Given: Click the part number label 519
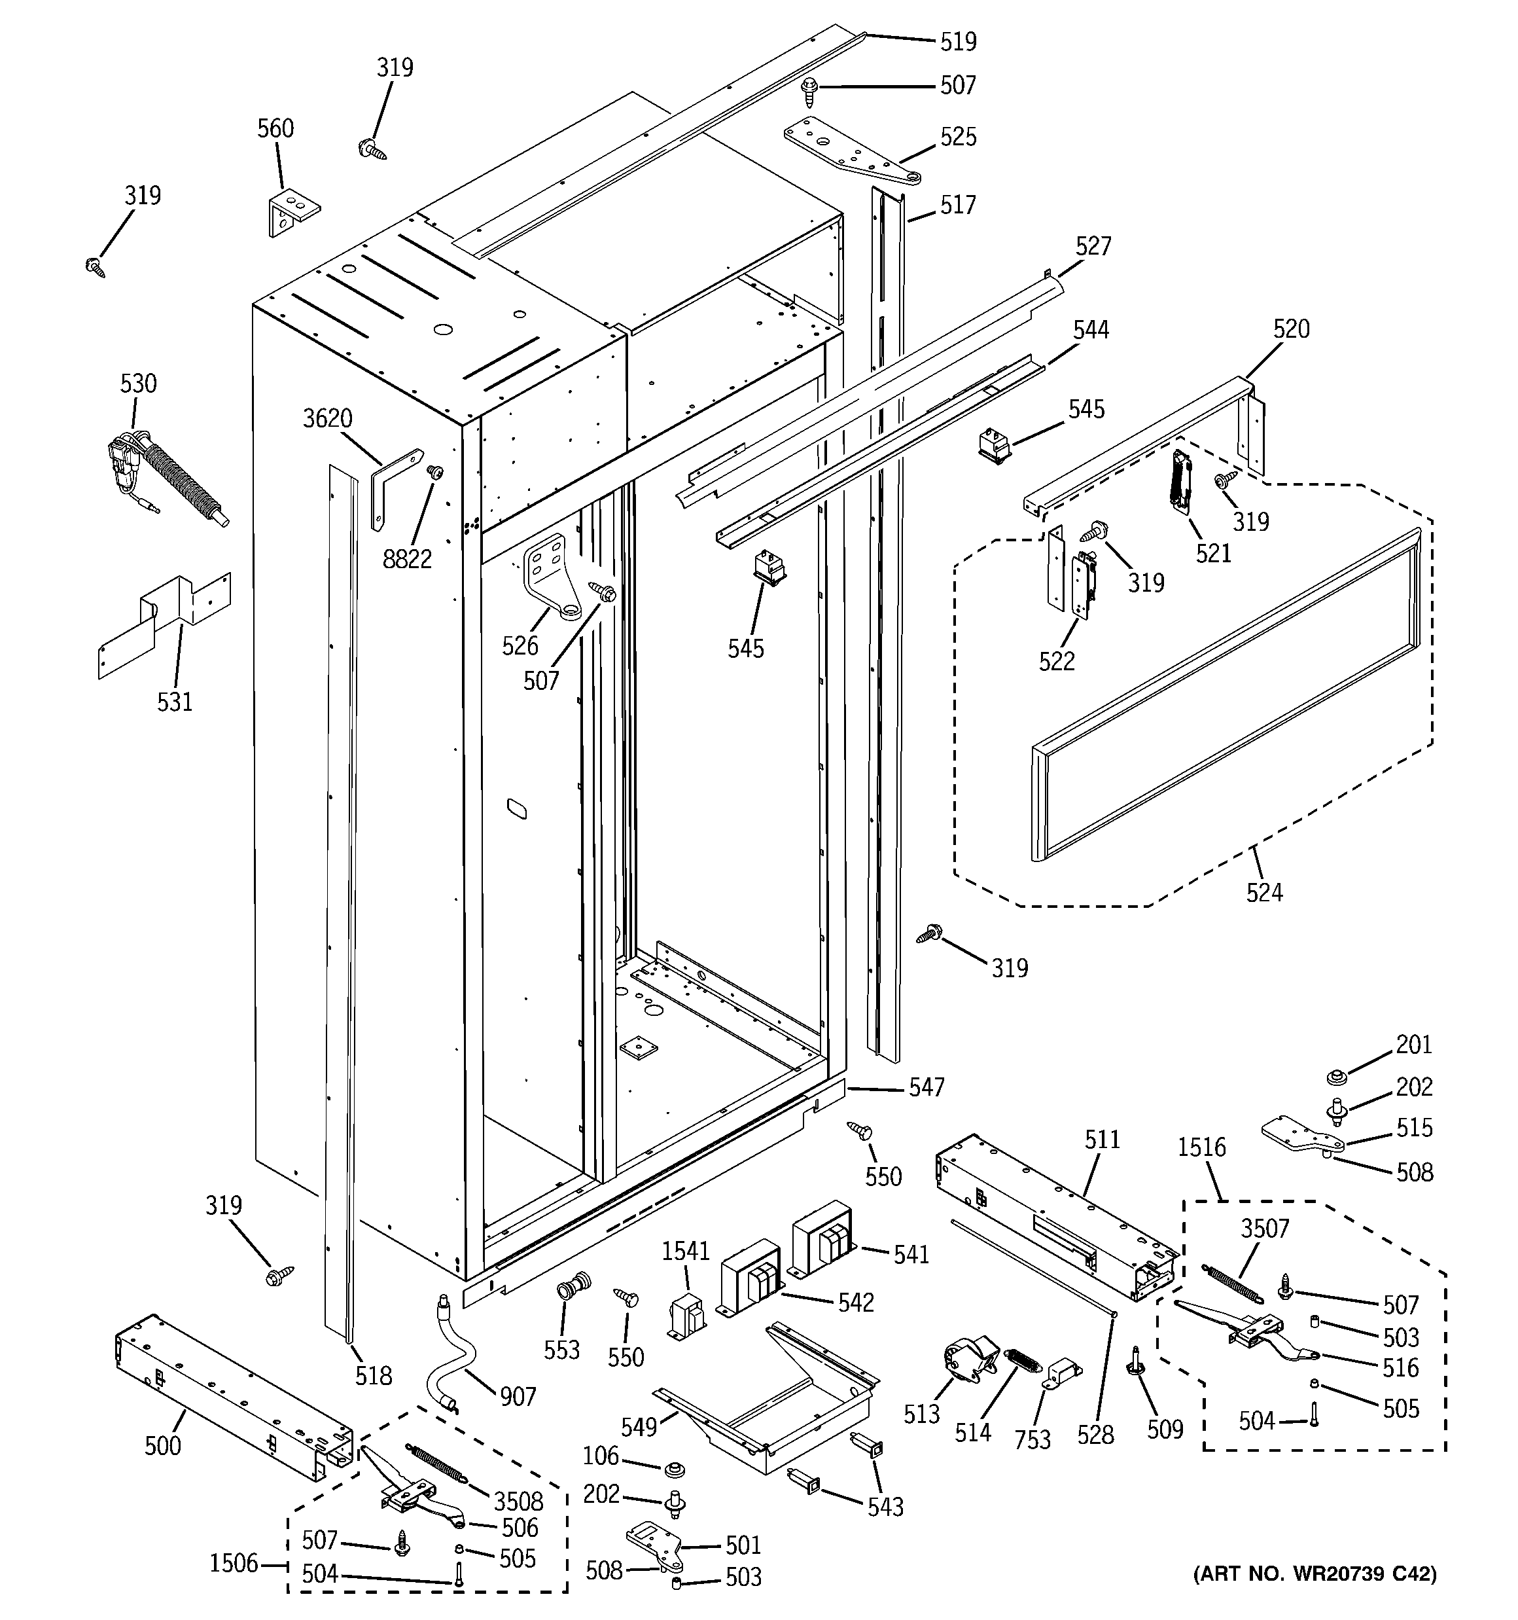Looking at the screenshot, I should click(x=957, y=41).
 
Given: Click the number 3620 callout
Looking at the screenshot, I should click(x=328, y=419).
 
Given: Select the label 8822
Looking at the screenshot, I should click(x=406, y=559).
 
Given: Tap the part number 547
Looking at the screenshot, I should click(x=927, y=1087).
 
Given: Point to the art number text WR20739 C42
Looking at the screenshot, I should click(x=1315, y=1596).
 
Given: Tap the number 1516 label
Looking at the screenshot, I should click(x=1201, y=1147).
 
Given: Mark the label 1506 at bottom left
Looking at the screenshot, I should click(x=234, y=1563).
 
